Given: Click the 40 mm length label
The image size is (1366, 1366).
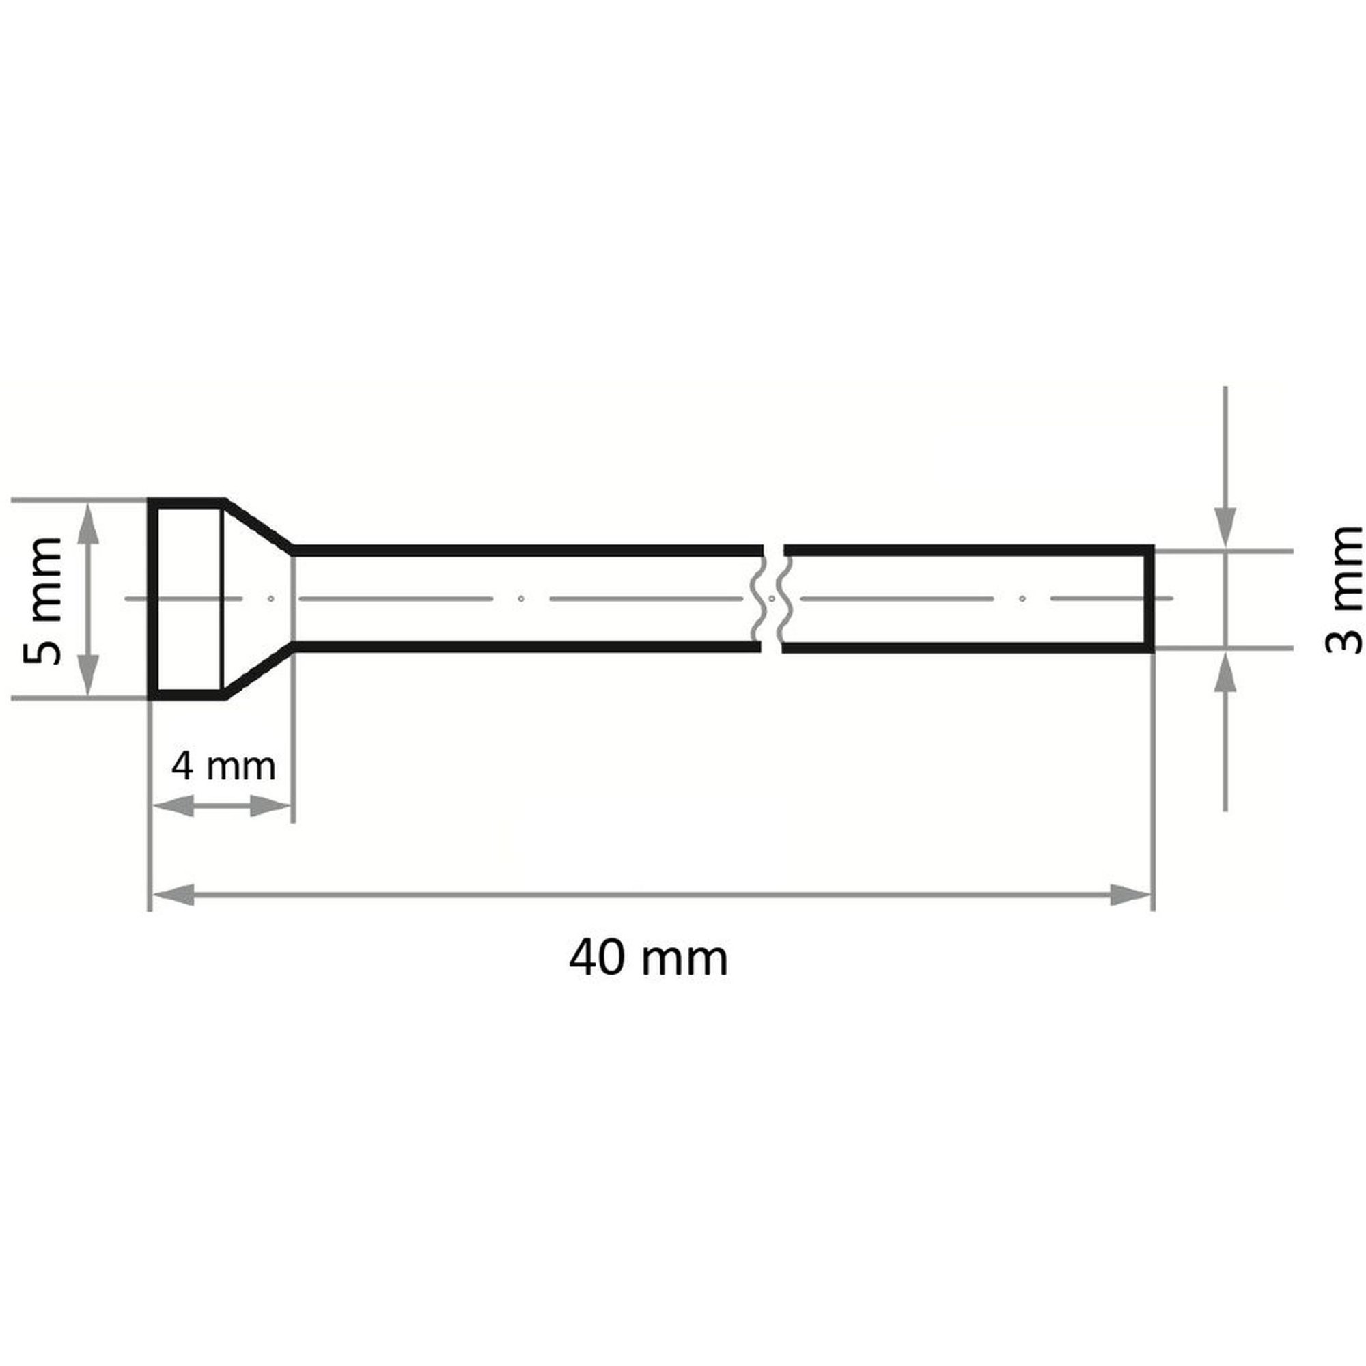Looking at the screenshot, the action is click(x=648, y=960).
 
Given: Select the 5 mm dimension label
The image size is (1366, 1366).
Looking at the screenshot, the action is click(x=42, y=600).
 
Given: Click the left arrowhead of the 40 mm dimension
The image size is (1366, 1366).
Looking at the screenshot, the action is click(x=173, y=895).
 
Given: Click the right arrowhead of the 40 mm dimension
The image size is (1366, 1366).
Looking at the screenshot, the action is click(x=1130, y=895).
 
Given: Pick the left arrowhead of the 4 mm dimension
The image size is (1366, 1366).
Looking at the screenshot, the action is click(x=173, y=806).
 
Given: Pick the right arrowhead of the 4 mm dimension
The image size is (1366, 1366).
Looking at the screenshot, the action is click(x=270, y=806).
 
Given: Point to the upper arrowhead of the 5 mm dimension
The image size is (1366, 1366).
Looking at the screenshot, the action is click(x=87, y=523).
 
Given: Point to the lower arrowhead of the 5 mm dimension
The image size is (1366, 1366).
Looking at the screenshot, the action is click(x=87, y=675).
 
